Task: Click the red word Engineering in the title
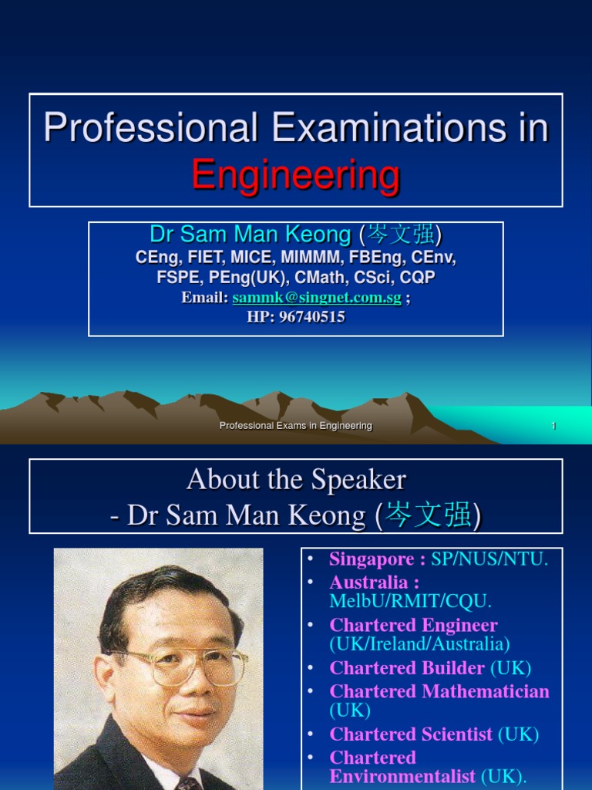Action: pyautogui.click(x=296, y=174)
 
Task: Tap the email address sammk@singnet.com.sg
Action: pyautogui.click(x=317, y=299)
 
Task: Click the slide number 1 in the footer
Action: pyautogui.click(x=553, y=426)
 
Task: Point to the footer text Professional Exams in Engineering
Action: pyautogui.click(x=296, y=426)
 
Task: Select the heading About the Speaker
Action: pyautogui.click(x=296, y=480)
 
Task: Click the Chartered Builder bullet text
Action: pyautogui.click(x=407, y=668)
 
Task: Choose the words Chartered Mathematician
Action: pyautogui.click(x=439, y=691)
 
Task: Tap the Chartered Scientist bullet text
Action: pyautogui.click(x=411, y=734)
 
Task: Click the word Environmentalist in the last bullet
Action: pyautogui.click(x=402, y=776)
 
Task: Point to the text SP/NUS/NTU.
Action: pyautogui.click(x=490, y=559)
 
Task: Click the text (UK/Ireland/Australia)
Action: pyautogui.click(x=419, y=643)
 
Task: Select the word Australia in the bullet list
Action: pyautogui.click(x=368, y=582)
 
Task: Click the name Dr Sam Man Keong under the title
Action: pyautogui.click(x=251, y=235)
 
